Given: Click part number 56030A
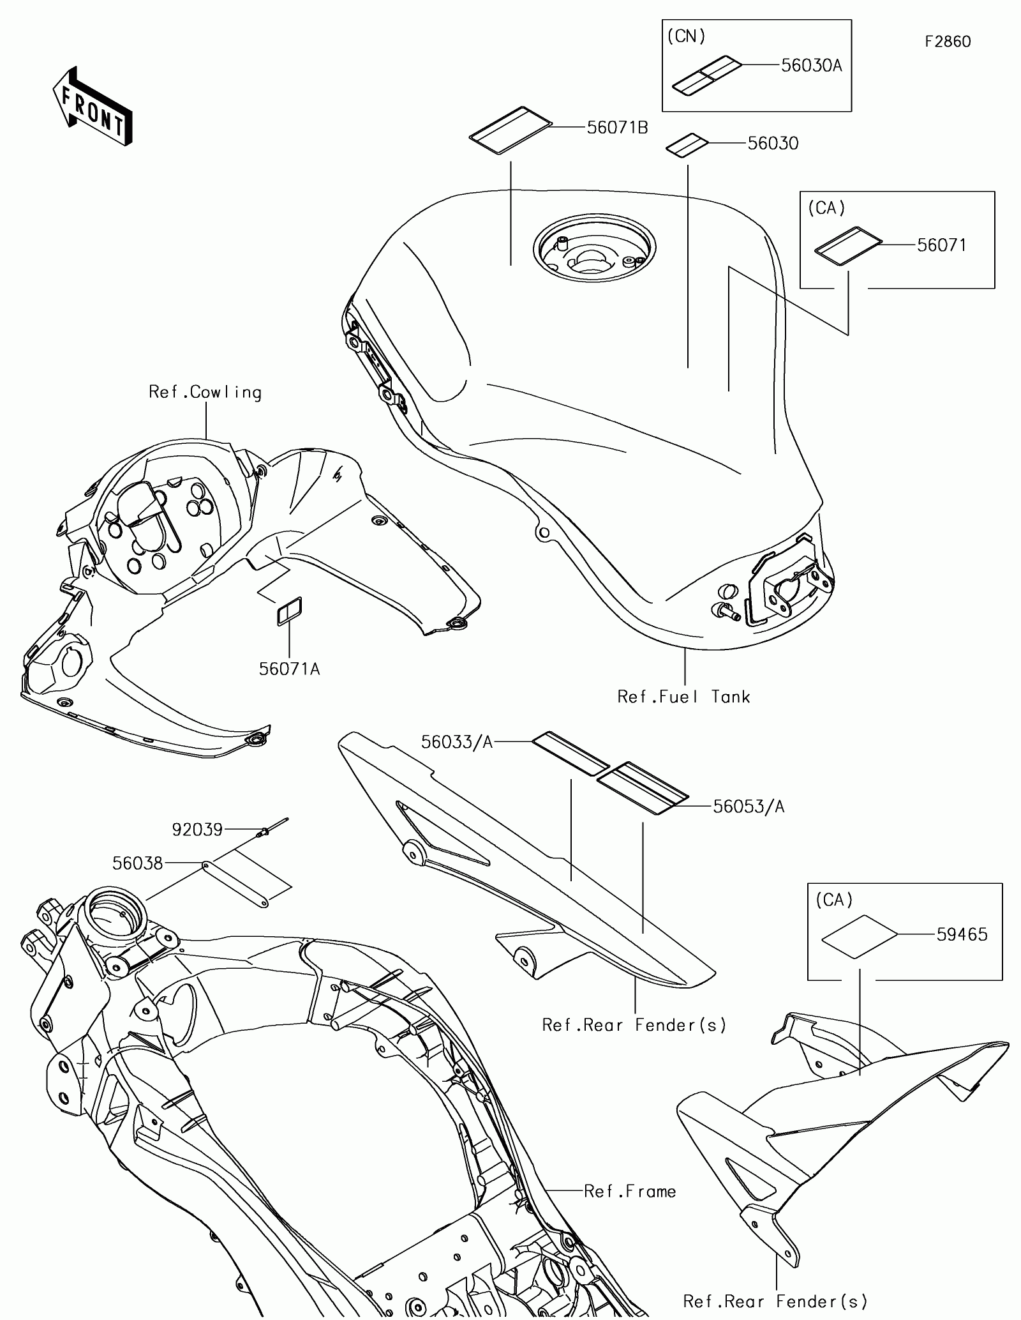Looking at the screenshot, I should [812, 65].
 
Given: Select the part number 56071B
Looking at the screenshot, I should [617, 128].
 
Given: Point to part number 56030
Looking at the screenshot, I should [773, 143].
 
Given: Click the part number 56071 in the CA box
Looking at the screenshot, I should [941, 245].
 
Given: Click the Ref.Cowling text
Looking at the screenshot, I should [205, 392].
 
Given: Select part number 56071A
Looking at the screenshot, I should [289, 669].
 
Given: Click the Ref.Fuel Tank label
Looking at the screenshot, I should [683, 696].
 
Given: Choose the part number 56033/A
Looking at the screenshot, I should [457, 741].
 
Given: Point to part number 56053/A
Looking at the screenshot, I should [749, 807].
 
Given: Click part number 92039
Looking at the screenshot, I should [197, 830].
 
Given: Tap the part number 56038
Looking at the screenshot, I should [138, 863].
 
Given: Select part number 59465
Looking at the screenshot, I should [962, 934].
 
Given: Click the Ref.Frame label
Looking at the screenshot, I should [630, 1192].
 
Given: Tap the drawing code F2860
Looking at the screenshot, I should [948, 42].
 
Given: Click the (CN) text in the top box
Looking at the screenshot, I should [686, 36].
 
